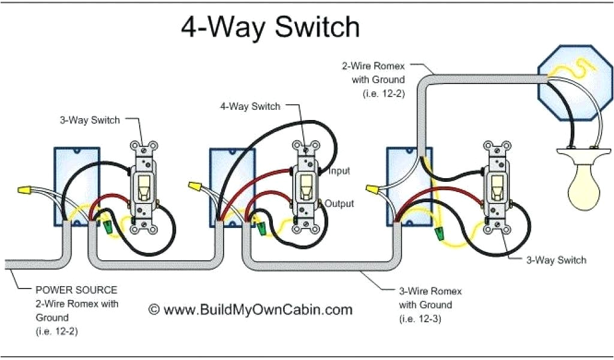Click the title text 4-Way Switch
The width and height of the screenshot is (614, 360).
270,28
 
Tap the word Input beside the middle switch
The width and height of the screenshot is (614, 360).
339,171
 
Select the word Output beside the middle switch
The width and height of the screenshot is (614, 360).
339,204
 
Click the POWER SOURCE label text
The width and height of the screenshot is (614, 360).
76,290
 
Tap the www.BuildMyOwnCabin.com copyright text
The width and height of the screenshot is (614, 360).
250,310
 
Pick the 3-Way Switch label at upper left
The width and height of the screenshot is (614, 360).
89,120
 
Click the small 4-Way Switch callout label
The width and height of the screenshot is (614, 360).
250,107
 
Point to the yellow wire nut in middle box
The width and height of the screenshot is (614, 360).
194,188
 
